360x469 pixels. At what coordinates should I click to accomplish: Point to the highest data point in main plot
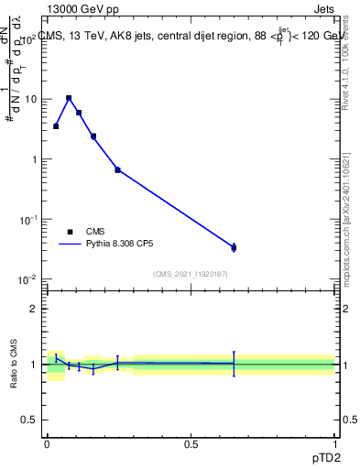pyautogui.click(x=69, y=98)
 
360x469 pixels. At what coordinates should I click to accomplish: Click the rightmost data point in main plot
pyautogui.click(x=234, y=247)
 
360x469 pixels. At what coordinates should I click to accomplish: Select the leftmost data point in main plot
pyautogui.click(x=56, y=126)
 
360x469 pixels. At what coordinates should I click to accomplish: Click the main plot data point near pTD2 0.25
pyautogui.click(x=117, y=169)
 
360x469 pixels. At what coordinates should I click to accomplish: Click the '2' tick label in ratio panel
pyautogui.click(x=35, y=309)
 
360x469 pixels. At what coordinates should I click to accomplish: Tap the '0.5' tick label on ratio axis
pyautogui.click(x=30, y=420)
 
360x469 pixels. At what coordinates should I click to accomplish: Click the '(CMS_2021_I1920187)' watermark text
pyautogui.click(x=190, y=273)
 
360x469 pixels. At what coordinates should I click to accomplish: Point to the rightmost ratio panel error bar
pyautogui.click(x=234, y=364)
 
